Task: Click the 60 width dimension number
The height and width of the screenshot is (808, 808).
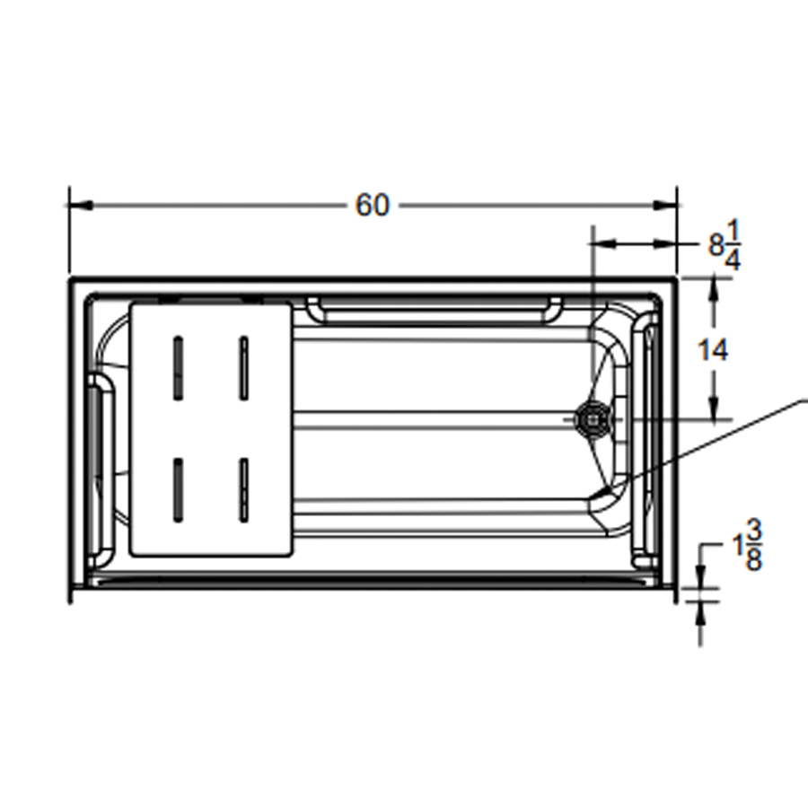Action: click(x=372, y=206)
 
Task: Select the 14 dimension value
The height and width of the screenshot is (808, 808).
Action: click(x=714, y=351)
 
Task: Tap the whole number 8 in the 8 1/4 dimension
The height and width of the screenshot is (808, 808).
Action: click(x=716, y=245)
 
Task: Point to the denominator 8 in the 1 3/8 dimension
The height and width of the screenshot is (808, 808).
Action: click(x=753, y=560)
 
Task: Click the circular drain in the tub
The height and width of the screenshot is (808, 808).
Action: click(x=592, y=418)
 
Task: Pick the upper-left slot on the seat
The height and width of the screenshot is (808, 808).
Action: click(x=178, y=367)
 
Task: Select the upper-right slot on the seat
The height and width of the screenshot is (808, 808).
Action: click(x=243, y=367)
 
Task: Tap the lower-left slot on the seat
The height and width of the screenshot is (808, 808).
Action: click(x=178, y=489)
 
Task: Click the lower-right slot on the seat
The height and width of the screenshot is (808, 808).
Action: click(x=243, y=489)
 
